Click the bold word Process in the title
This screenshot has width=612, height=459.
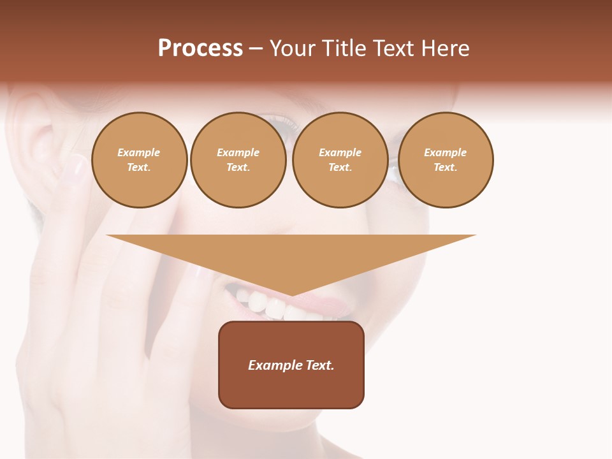point(200,48)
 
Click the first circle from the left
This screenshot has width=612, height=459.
point(140,159)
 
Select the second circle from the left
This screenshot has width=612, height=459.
point(238,159)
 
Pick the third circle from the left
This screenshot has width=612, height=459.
point(340,159)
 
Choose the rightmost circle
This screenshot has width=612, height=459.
point(446,159)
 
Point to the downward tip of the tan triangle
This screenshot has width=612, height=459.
point(291,295)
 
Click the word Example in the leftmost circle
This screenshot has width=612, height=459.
point(139,152)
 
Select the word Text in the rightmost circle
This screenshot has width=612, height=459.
point(445,167)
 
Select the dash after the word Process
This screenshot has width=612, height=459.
point(256,48)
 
